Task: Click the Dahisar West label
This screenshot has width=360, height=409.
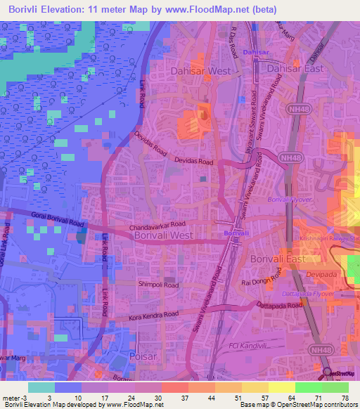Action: click(x=200, y=71)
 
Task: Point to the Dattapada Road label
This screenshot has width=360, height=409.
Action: click(x=280, y=306)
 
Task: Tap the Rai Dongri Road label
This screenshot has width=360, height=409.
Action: click(x=261, y=282)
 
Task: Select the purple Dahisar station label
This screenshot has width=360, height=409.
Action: click(x=255, y=53)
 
